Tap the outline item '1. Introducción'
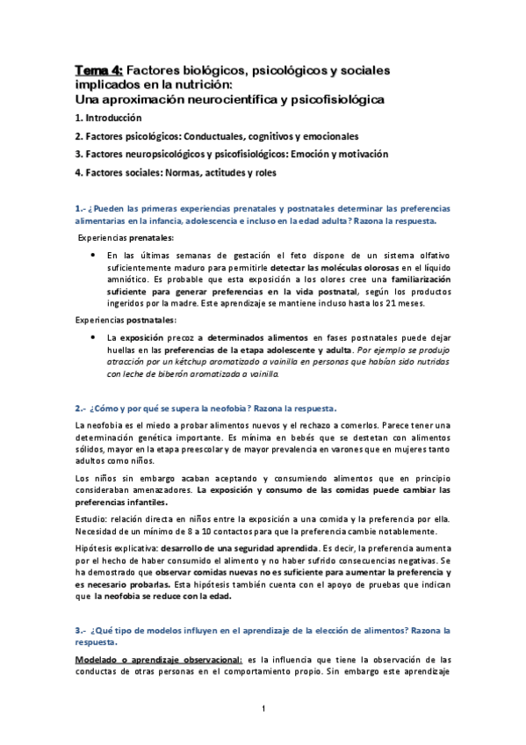point(112,119)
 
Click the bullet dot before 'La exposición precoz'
point(93,336)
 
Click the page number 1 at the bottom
point(263,709)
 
